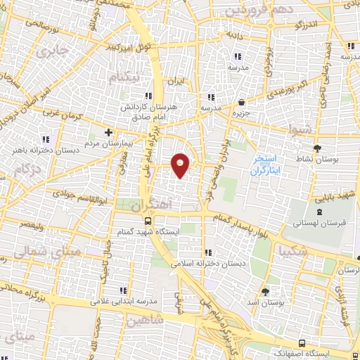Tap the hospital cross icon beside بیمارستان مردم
108,132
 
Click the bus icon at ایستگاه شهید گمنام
147,221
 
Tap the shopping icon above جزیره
242,102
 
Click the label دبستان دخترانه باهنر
41,149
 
